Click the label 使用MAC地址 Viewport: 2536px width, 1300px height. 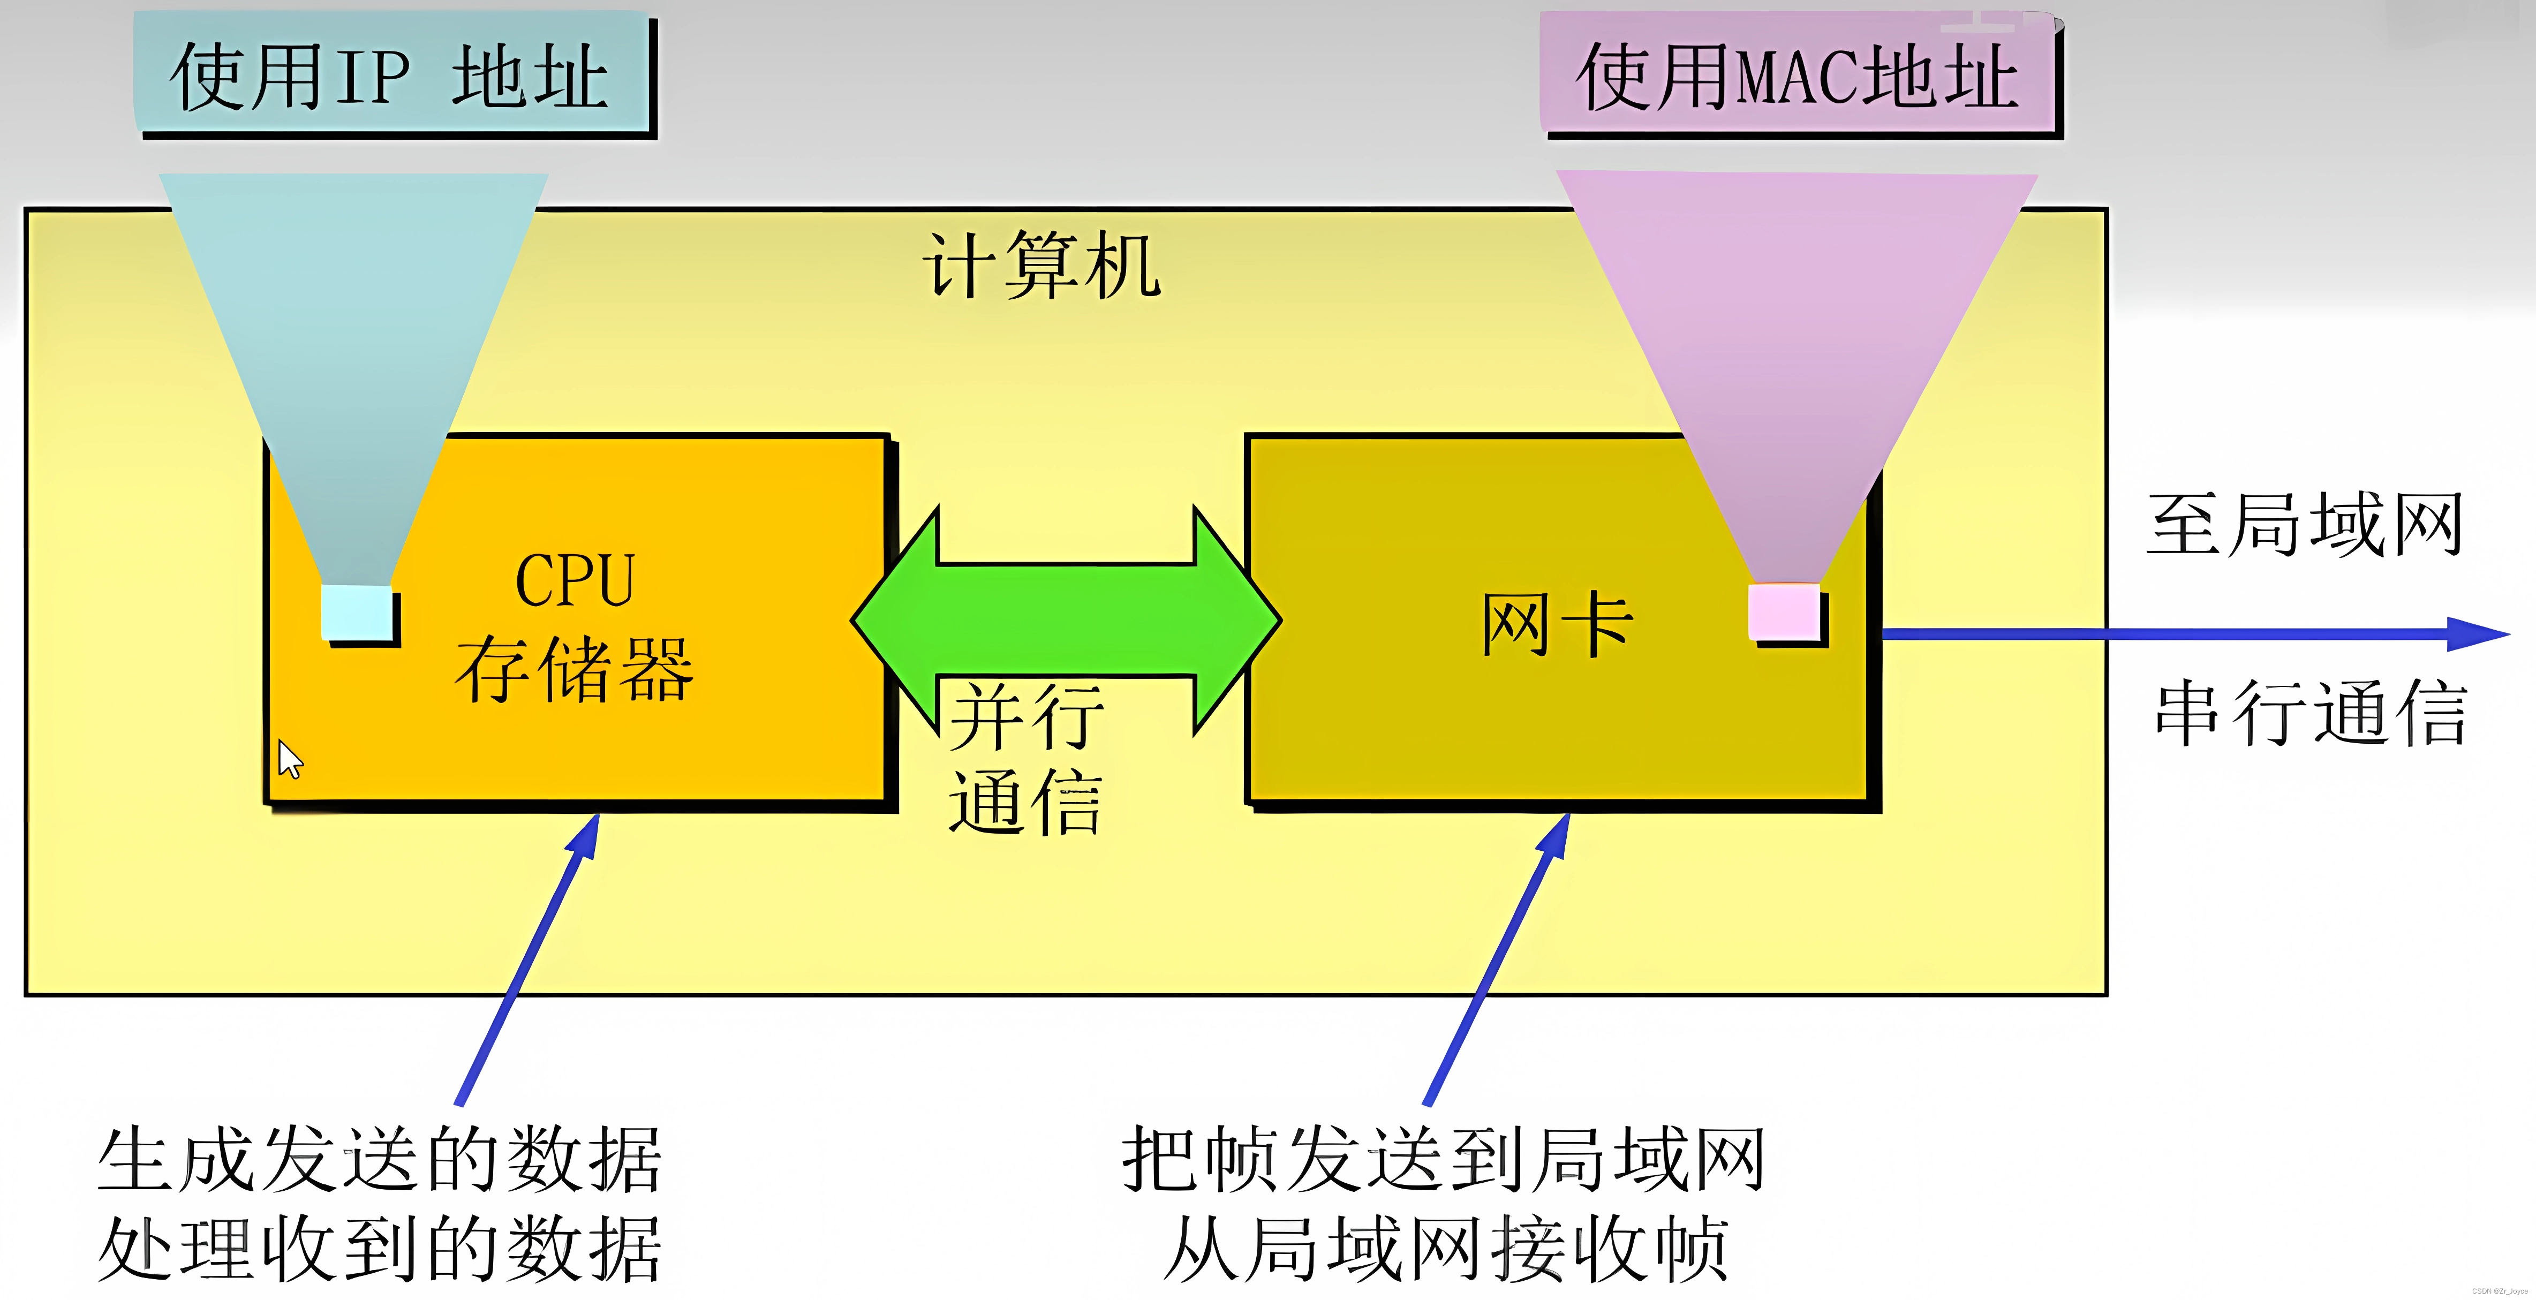[x=1798, y=77]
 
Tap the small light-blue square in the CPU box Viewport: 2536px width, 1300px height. [x=357, y=612]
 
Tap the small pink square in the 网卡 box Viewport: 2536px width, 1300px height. [x=1784, y=611]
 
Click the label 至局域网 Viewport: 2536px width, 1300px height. [x=2304, y=525]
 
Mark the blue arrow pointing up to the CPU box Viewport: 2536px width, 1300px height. [x=527, y=959]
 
